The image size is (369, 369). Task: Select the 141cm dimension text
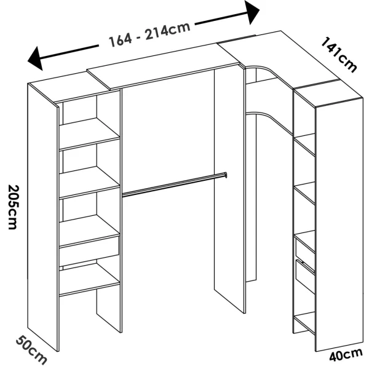point(338,54)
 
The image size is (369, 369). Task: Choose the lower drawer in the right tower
point(304,276)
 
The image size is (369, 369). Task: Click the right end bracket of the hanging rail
point(225,175)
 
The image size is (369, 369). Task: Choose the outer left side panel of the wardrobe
point(43,215)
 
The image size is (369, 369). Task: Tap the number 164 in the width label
point(121,41)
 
